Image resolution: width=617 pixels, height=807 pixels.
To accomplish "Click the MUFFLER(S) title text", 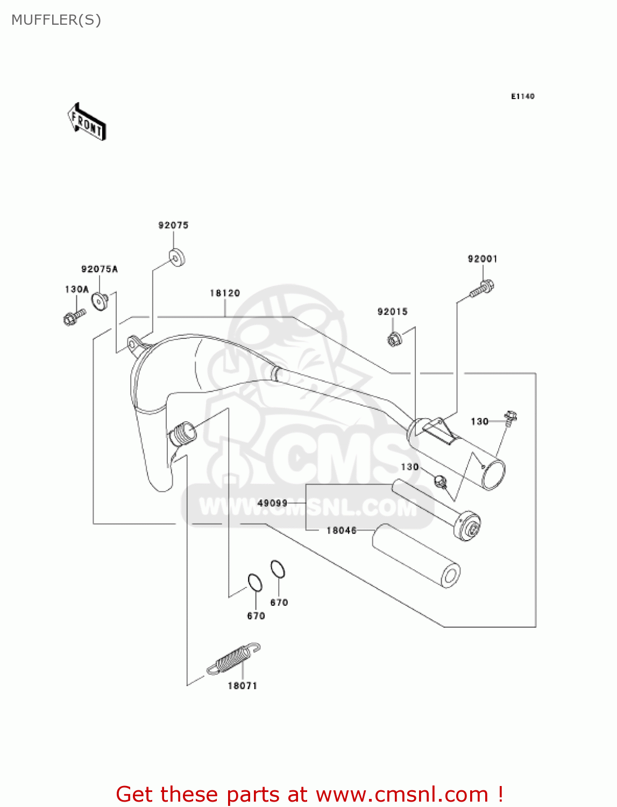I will coord(56,20).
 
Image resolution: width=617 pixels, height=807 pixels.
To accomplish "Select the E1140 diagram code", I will coord(522,96).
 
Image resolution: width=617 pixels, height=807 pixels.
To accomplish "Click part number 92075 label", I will coord(173,225).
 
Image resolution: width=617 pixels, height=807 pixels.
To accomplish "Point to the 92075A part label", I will coord(100,269).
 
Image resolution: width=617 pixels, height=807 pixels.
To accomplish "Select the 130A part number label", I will coord(76,289).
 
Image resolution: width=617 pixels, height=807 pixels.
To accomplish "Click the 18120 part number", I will coord(224,293).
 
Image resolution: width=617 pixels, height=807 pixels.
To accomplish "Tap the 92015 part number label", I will coord(392,312).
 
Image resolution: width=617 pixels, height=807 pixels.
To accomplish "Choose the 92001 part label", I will coord(483,259).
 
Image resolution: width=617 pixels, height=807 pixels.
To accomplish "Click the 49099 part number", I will coord(272,503).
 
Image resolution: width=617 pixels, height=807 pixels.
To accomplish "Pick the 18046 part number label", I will coord(342,530).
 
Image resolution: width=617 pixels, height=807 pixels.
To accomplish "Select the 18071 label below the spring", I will coord(242,686).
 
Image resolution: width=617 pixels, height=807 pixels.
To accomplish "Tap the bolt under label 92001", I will coord(482,289).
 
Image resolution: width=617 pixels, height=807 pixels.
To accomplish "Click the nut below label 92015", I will coord(393,339).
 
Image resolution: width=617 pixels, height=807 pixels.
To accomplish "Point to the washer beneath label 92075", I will coord(176,258).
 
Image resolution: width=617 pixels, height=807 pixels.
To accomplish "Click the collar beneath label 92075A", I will coord(100,300).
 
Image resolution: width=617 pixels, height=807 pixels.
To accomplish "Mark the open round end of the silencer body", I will coord(493,475).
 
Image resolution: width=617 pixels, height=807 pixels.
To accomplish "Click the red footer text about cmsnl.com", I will coord(309,794).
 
